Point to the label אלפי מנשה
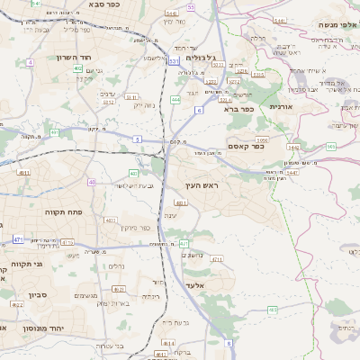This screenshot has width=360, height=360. (x=335, y=24)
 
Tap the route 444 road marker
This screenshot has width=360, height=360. (x=175, y=98)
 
